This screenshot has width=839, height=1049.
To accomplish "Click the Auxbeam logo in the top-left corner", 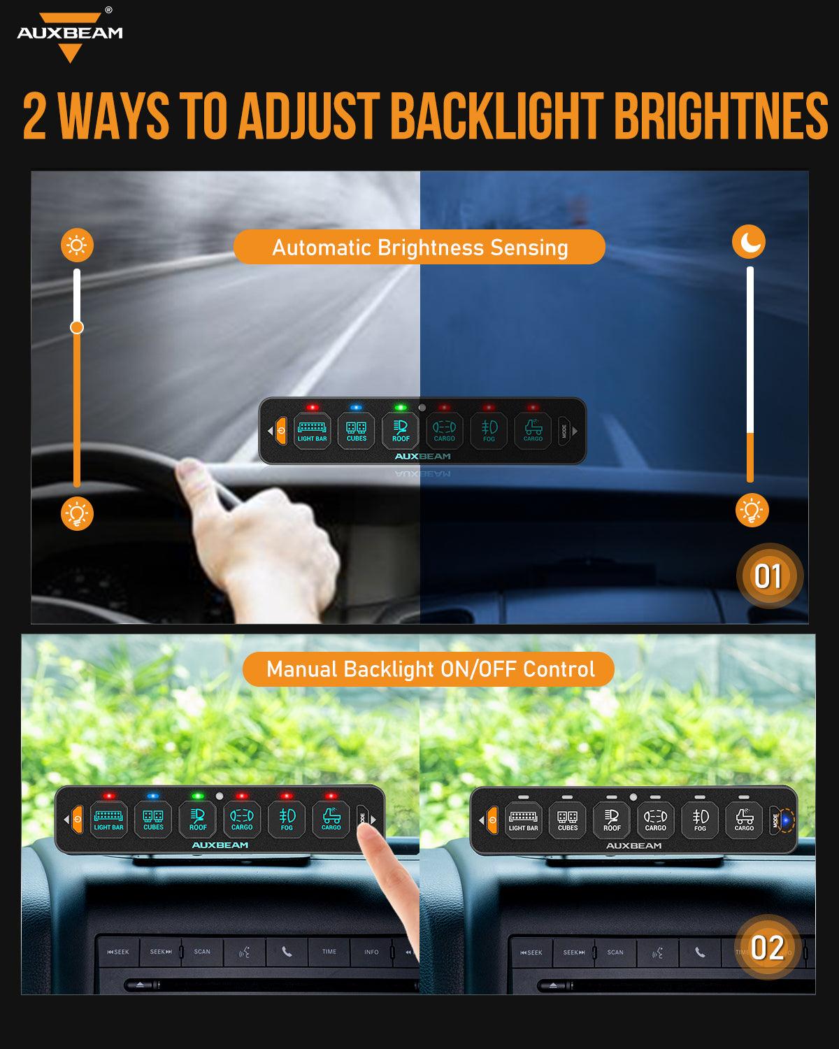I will (x=70, y=35).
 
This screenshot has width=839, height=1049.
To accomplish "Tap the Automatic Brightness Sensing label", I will (x=419, y=248).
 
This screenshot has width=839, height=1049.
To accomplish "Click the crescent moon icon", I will (x=750, y=242).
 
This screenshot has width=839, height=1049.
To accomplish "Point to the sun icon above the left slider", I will (x=77, y=245).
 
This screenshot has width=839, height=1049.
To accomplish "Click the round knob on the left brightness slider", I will (x=77, y=327).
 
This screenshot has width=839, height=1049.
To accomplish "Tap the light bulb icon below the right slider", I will (x=752, y=511).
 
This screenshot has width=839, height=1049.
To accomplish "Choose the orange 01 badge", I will (x=768, y=576).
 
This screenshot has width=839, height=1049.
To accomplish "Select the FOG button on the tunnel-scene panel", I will (x=489, y=430).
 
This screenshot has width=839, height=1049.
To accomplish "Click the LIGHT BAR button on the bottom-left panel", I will (x=108, y=819).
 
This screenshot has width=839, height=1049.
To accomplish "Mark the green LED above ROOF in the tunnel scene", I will (x=401, y=406).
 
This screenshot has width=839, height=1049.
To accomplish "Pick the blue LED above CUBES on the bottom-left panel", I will (x=153, y=796).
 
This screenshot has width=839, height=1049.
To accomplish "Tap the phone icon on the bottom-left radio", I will (x=287, y=952).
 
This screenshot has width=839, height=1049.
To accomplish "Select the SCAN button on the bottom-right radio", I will (x=615, y=952).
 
